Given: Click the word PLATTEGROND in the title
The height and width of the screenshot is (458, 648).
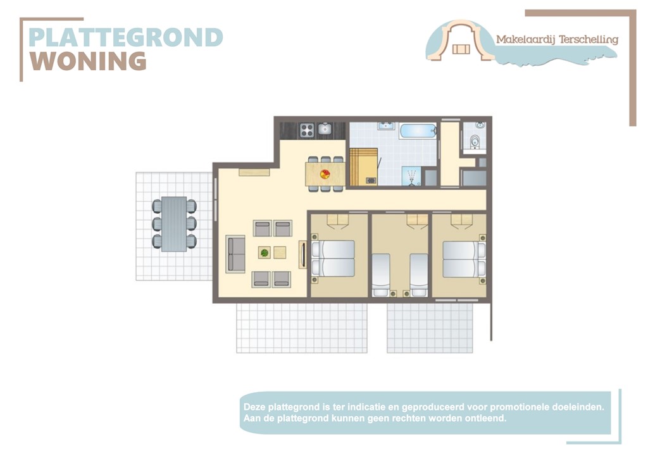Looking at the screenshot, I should click(125, 37).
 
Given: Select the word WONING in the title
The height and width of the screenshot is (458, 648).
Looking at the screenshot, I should click(89, 61).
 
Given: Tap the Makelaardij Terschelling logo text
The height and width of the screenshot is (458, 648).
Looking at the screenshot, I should click(557, 39).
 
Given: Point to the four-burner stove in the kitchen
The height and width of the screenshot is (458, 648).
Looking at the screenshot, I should click(307, 130).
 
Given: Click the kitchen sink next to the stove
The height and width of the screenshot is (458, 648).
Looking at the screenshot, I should click(325, 130).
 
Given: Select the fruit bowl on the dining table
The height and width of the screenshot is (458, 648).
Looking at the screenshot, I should click(325, 174).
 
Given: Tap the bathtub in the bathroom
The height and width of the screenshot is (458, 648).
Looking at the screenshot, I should click(417, 131).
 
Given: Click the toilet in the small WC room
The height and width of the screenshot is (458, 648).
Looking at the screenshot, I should click(475, 140).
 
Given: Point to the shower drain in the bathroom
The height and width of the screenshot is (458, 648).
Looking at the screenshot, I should click(413, 176).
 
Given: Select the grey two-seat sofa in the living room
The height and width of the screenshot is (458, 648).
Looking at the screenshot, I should click(235, 253).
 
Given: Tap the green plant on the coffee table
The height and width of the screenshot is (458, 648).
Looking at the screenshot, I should click(265, 252).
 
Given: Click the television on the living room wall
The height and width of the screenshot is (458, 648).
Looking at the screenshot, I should click(303, 254).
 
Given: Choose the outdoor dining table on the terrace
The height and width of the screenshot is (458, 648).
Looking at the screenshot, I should click(174, 223).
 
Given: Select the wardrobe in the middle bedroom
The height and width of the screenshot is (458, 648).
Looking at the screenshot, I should click(416, 220).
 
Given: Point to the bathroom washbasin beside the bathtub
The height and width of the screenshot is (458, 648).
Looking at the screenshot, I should click(385, 126).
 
